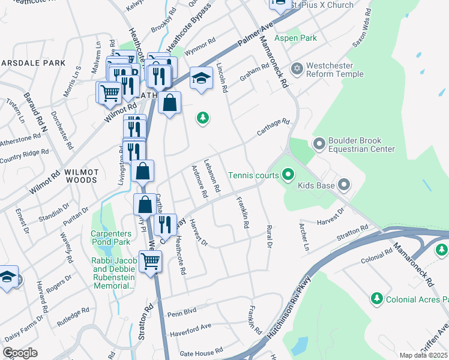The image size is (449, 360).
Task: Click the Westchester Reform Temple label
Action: pos(335,70)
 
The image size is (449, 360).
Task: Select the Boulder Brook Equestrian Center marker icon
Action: pos(318,143)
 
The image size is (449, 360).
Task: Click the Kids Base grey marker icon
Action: pos(343,185)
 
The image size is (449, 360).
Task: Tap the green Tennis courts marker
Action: pos(288,175)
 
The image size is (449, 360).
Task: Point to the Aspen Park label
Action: pos(295,38)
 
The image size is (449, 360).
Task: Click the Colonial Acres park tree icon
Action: pos(376,298)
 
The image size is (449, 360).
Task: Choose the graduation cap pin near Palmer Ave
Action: pos(202,78)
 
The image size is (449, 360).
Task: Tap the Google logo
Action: pos(20,352)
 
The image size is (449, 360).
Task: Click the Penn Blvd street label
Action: pos(182,312)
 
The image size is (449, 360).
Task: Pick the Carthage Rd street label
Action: pos(274,127)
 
